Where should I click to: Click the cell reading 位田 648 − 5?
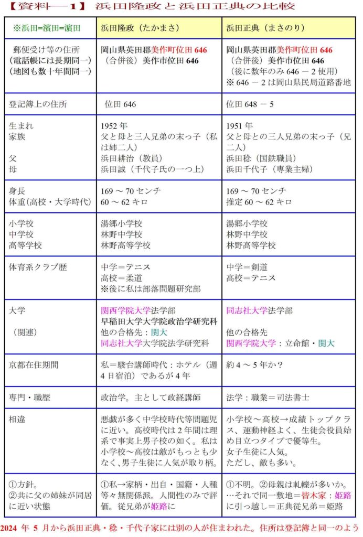point(248,104)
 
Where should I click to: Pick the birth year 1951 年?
point(239,126)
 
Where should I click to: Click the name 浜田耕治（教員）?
point(132,157)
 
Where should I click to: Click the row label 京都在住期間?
point(35,364)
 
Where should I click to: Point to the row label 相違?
point(18,419)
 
